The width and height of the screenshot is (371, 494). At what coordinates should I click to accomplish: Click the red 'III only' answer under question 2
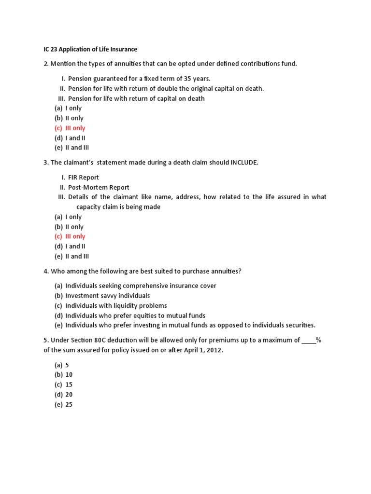point(75,128)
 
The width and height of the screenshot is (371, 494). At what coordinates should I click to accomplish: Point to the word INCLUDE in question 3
point(244,163)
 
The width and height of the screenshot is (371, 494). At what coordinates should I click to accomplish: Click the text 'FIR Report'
point(84,178)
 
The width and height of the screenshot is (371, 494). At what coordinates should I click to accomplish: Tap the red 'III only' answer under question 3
point(75,236)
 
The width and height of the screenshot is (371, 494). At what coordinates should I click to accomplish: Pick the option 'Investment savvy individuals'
point(107,295)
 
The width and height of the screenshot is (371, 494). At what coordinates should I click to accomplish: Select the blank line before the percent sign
point(308,340)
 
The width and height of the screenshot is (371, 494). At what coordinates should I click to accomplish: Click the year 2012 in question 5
point(214,350)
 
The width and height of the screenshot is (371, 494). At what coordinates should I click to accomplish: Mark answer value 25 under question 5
point(69,405)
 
